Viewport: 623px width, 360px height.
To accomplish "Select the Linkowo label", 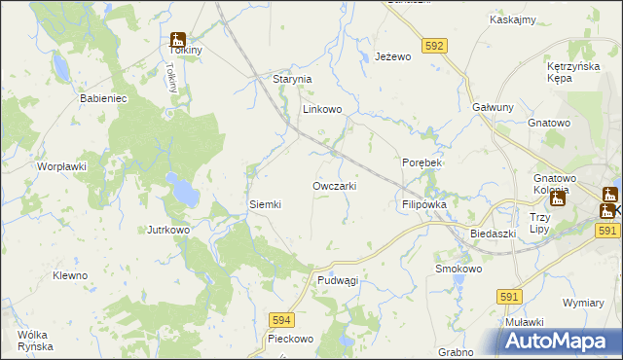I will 322,110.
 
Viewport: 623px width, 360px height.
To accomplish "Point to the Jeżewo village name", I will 394,57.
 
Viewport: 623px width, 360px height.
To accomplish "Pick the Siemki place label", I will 265,204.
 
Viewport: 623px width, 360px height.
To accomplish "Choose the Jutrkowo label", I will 167,231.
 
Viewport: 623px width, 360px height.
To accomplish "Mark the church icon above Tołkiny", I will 177,40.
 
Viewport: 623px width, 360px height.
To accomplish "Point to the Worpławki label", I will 62,166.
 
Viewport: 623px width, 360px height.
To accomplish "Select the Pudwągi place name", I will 338,280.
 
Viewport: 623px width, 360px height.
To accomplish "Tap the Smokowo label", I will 459,269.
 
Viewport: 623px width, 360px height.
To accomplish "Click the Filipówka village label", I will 423,205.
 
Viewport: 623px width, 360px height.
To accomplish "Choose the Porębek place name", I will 422,163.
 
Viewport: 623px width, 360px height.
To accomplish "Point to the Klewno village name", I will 70,275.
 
